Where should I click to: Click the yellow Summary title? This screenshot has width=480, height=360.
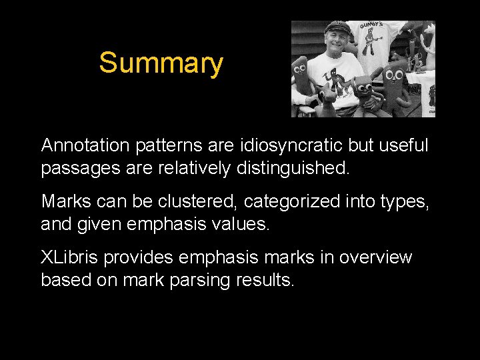(161, 63)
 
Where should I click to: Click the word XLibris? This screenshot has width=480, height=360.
(70, 257)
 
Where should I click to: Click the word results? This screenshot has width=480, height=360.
(265, 280)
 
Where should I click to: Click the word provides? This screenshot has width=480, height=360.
(139, 257)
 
